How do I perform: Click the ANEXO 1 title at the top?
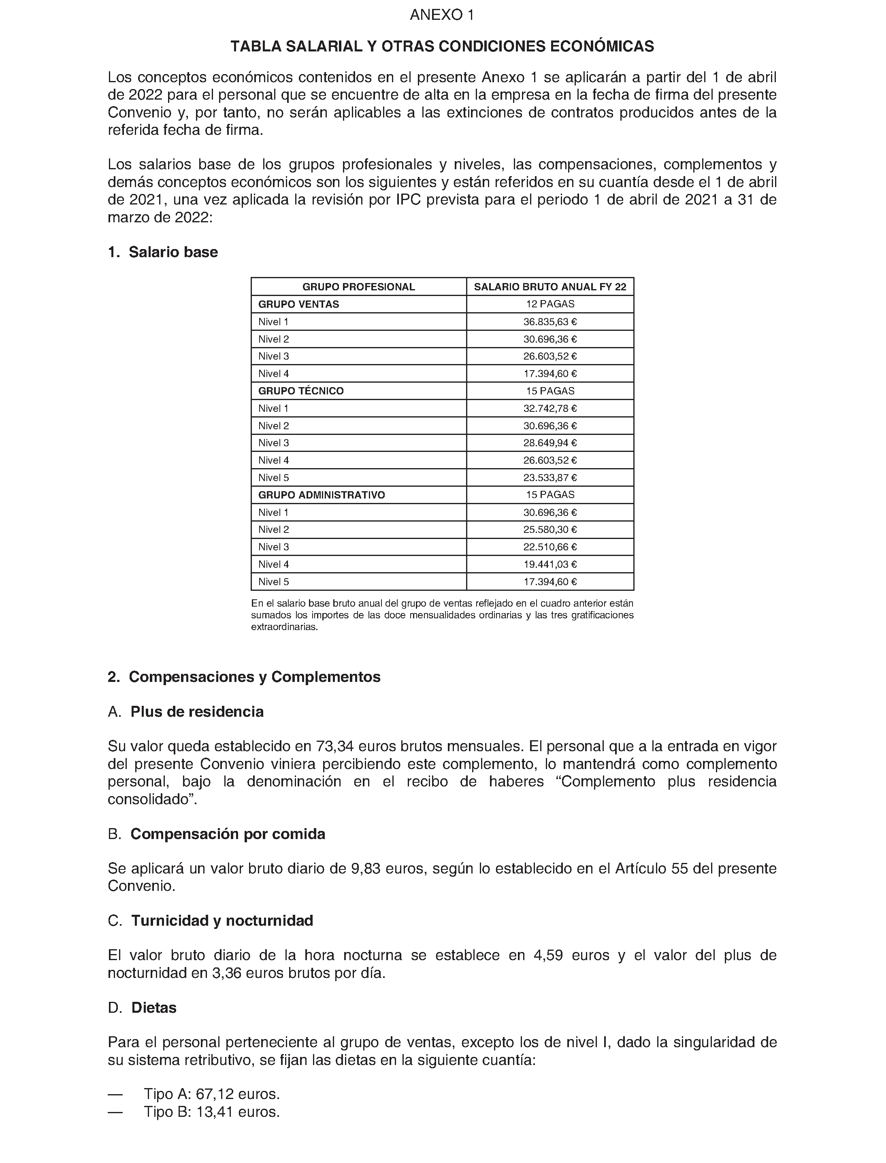[442, 15]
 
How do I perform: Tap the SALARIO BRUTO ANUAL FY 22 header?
[549, 287]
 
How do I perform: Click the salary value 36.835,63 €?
[549, 322]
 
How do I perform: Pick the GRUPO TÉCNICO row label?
[300, 391]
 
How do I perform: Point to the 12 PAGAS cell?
[549, 305]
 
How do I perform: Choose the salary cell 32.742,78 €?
[549, 408]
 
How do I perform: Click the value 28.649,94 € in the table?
[549, 443]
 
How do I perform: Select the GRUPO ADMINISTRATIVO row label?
[321, 495]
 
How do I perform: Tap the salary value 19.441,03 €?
[549, 564]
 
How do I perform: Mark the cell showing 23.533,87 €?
[549, 478]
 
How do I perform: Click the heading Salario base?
[173, 252]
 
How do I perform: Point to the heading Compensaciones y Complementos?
[254, 677]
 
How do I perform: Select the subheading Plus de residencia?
[197, 711]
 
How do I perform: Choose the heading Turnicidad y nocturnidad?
[222, 920]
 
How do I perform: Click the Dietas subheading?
[153, 1008]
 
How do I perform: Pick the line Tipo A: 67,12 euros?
[211, 1095]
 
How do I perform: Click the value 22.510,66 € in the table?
[549, 547]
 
